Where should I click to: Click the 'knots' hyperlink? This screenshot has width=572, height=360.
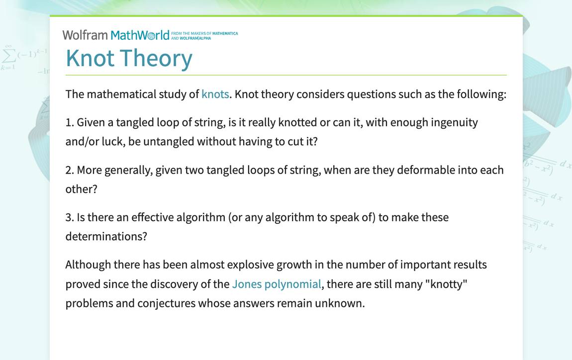click(215, 94)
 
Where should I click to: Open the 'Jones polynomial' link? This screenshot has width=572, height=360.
click(276, 284)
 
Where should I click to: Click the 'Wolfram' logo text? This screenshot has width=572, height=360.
click(85, 35)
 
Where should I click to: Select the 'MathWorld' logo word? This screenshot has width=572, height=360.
click(140, 35)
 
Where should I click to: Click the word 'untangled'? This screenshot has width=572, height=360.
click(169, 141)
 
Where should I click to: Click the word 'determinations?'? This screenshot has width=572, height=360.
click(106, 236)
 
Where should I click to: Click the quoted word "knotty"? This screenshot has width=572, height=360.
click(448, 284)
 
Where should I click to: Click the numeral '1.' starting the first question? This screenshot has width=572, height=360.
click(70, 122)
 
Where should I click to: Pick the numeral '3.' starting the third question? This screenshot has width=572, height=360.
click(70, 217)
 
